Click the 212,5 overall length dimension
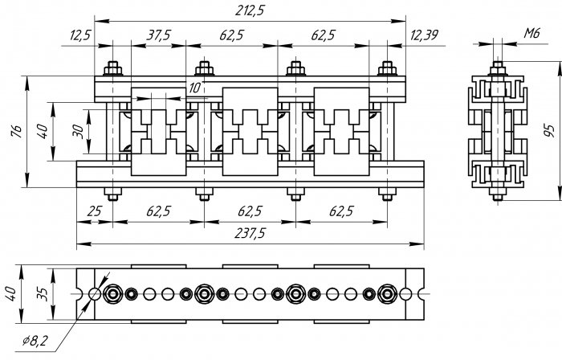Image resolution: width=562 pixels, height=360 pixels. pos(250,10)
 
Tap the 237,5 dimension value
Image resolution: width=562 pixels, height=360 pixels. pos(250,233)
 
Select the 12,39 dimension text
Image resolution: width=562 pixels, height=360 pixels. pos(424,35)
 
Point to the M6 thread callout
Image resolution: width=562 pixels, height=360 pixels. pos(531,33)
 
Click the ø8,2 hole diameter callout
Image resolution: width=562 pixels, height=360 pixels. pos(35,341)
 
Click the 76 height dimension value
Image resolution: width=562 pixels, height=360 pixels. pos(17,131)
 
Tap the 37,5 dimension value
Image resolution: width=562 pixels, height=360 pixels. pos(158,35)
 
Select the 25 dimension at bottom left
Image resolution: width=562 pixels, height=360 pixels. pos(94,211)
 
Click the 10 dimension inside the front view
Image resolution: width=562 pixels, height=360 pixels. pos(194,88)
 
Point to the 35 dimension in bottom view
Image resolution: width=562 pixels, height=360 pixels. pos(43,293)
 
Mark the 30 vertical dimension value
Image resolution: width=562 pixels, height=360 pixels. pos(78,131)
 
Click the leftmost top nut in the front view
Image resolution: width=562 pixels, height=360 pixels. pos(113,68)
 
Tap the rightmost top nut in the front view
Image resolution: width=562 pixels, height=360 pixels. pos(387,68)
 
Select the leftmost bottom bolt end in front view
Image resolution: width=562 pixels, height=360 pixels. pos(113,194)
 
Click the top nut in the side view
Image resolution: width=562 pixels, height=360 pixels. pos(498,68)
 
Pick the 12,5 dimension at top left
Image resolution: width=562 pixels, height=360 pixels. pos(80,35)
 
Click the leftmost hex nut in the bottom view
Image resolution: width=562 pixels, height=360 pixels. pos(113,294)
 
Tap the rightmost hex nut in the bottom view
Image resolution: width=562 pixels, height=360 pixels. pos(387,294)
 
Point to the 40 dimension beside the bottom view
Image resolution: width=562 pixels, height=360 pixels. pos(11,293)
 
